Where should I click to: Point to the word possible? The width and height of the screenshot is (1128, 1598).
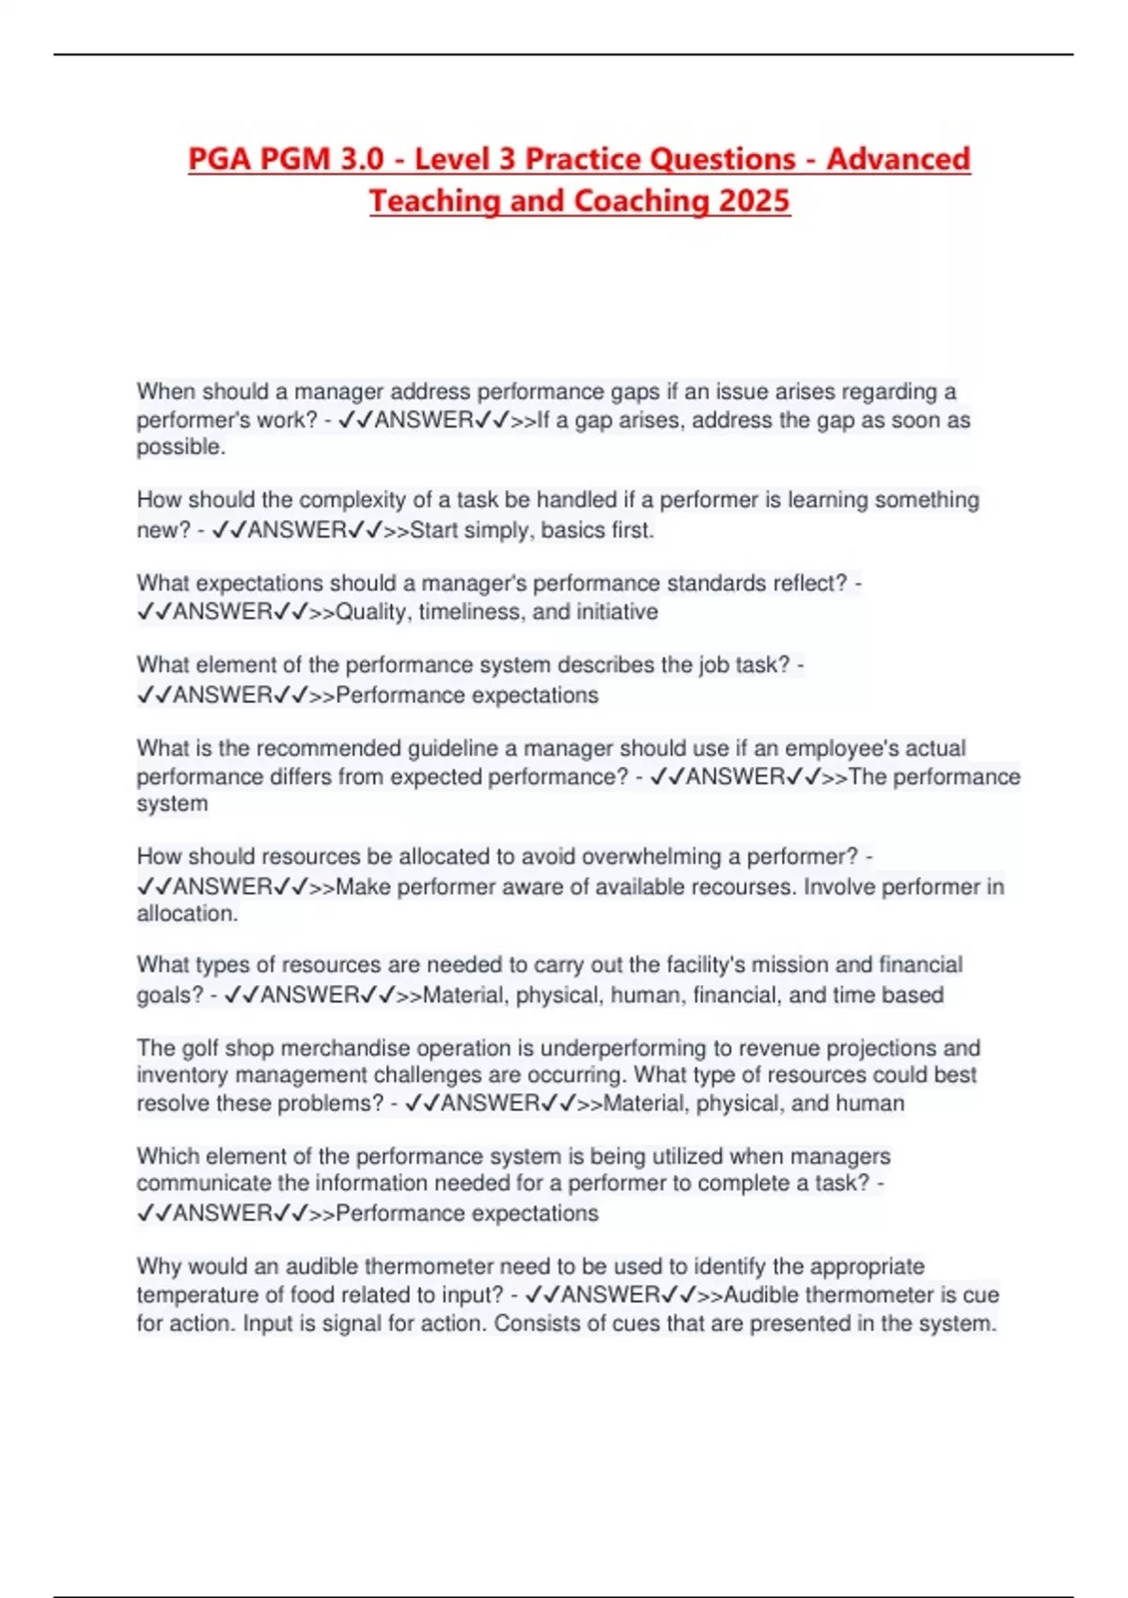(x=180, y=447)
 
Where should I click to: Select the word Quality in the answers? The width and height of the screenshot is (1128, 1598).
(x=371, y=612)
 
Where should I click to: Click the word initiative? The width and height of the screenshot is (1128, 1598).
(x=616, y=612)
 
